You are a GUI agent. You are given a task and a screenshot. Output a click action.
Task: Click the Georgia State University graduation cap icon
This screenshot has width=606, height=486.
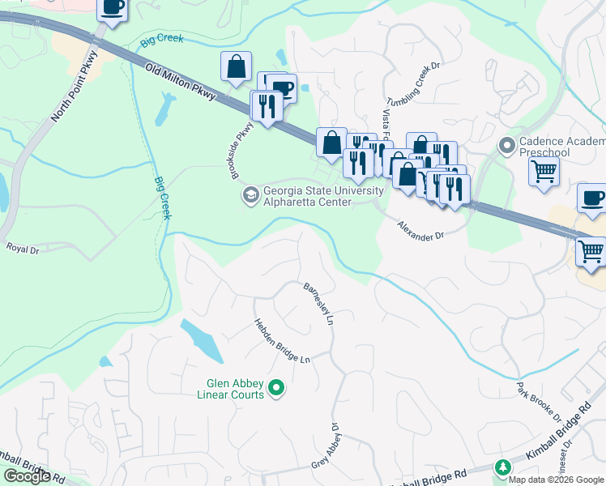(250, 195)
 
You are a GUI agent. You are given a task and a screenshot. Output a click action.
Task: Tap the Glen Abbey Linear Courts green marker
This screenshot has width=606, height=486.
(276, 390)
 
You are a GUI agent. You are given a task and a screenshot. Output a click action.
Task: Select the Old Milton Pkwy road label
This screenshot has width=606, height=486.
(181, 83)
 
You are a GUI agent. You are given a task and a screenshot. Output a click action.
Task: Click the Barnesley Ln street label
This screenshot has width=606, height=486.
(318, 304)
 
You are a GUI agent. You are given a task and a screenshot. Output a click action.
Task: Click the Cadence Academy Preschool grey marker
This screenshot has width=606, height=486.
(507, 147)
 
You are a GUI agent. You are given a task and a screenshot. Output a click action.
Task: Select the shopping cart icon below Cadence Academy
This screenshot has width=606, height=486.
(544, 170)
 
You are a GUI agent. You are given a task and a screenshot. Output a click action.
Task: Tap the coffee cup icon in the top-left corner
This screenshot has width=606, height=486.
(113, 7)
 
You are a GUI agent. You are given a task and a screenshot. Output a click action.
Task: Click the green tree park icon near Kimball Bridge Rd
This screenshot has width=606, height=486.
(503, 467)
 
